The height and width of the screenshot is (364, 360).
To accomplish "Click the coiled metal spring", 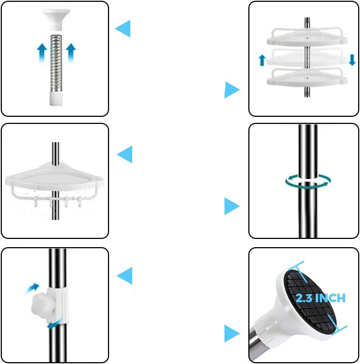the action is click(56, 63).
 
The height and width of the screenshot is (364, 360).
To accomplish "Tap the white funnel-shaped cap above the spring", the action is click(56, 19).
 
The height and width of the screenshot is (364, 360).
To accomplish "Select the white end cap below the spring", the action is click(56, 98).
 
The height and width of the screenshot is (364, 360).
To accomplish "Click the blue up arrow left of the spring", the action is click(42, 53).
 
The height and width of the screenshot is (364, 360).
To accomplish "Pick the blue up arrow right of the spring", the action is click(71, 53).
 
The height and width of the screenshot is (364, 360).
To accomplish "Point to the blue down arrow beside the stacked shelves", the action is click(352, 60).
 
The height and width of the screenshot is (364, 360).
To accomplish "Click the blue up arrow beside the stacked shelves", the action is click(262, 60).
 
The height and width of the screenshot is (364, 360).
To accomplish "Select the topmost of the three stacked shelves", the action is click(307, 37).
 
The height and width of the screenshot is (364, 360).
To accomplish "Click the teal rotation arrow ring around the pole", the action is click(308, 181).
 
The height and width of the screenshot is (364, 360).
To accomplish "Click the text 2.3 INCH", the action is click(321, 298).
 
